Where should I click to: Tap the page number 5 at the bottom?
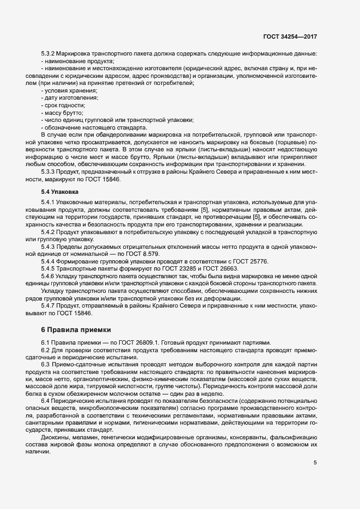[315, 463]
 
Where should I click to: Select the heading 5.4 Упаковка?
[60, 192]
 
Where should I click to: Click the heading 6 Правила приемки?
[76, 329]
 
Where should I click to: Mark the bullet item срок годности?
[64, 105]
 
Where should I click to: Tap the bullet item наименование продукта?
[75, 62]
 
